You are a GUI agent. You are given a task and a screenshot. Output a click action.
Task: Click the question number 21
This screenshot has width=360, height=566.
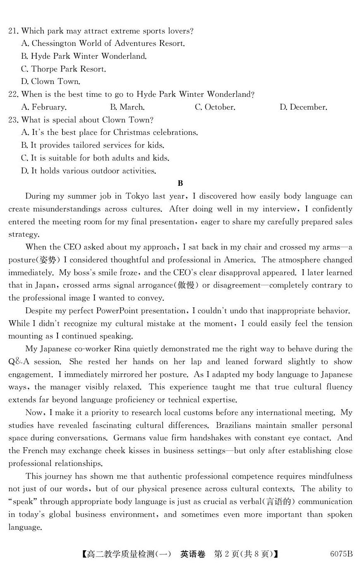[x=13, y=31]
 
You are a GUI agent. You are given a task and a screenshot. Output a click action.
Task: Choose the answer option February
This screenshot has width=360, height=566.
[x=44, y=107]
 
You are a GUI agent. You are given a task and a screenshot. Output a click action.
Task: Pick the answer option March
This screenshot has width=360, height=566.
[x=127, y=107]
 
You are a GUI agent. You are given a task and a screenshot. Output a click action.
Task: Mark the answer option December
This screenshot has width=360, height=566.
[x=303, y=107]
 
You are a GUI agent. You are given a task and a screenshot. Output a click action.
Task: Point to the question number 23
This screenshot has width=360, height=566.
[x=13, y=120]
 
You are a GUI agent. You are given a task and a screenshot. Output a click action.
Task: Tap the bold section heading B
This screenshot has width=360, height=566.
[x=180, y=183]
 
